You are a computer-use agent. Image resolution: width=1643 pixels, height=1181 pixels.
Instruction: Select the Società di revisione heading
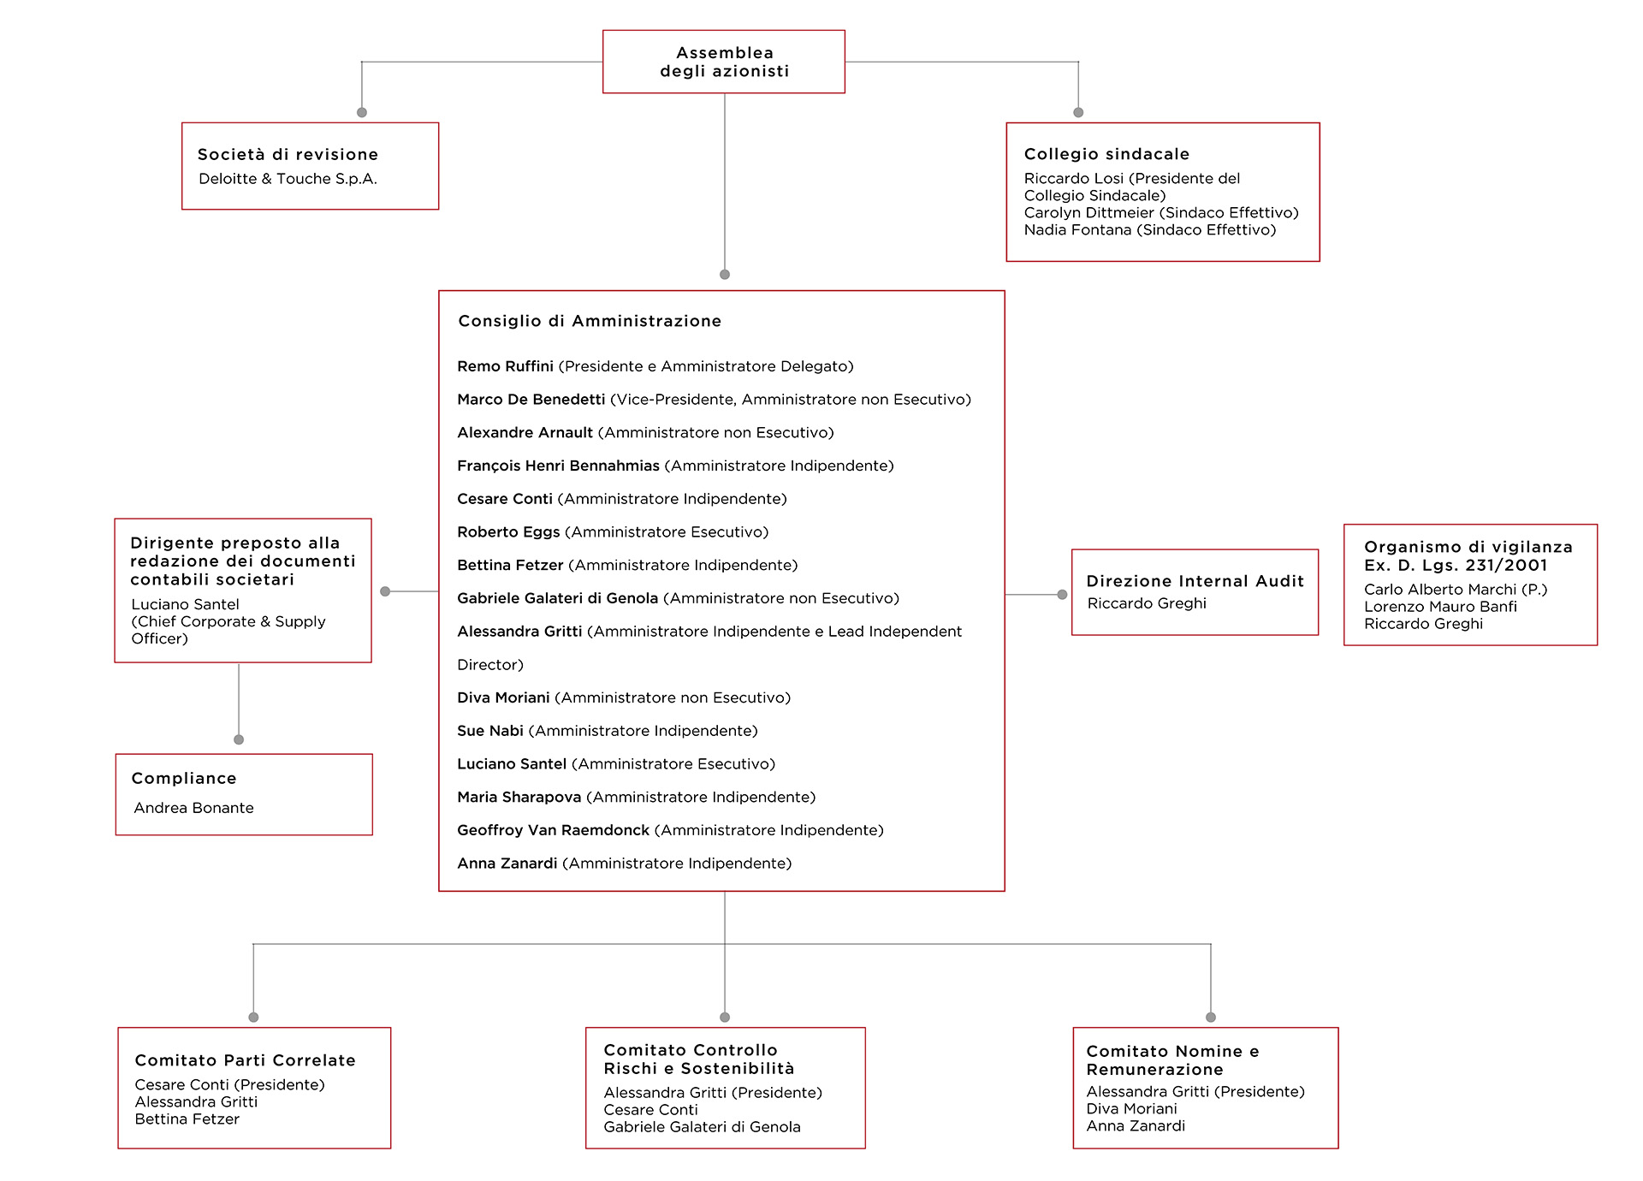pos(288,155)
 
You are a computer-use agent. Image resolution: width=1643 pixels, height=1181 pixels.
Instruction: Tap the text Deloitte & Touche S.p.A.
pos(288,179)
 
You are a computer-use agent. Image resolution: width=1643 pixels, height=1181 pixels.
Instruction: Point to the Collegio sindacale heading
pos(1106,154)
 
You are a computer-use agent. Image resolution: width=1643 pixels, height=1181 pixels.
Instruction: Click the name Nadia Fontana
pos(1077,229)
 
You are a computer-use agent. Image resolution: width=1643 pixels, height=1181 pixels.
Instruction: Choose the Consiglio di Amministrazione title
pos(590,321)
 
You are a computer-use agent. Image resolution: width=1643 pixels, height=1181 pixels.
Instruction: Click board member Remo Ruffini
pos(505,366)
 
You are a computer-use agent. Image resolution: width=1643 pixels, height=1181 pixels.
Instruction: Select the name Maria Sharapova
pos(519,798)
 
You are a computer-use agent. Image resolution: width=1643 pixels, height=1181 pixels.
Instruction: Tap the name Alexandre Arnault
pos(525,433)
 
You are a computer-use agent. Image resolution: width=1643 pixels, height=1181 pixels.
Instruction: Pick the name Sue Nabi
pos(489,731)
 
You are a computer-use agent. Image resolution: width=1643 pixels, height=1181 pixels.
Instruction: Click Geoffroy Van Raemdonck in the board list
pos(553,830)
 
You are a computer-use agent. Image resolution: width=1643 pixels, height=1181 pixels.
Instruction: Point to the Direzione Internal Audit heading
pos(1195,581)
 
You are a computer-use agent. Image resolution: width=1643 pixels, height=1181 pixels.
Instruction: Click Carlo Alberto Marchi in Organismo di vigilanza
pos(1440,590)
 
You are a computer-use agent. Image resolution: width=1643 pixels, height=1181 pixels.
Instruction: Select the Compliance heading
pos(184,779)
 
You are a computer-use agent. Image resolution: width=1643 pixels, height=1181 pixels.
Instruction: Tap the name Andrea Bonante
pos(193,808)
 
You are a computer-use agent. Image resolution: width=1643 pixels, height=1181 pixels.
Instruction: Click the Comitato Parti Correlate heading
pos(245,1060)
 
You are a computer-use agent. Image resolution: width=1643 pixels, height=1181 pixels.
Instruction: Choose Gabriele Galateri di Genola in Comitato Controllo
pos(702,1127)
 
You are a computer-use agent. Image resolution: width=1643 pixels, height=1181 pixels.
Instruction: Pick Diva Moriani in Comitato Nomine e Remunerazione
pos(1131,1109)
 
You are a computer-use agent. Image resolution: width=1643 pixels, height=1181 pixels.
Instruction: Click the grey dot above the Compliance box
pos(239,739)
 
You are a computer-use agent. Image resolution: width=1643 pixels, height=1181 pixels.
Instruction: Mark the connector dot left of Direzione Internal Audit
pos(1062,595)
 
